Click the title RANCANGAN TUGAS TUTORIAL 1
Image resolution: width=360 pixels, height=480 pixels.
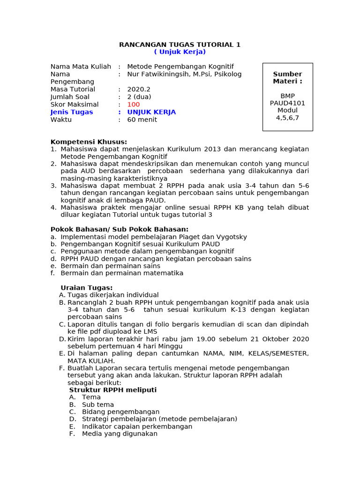(180, 45)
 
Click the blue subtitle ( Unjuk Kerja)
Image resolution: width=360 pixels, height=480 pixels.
(180, 52)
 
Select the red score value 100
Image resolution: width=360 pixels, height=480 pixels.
(134, 105)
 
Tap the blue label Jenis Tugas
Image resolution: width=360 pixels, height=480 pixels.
(72, 112)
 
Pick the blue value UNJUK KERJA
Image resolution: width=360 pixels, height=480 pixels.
(151, 112)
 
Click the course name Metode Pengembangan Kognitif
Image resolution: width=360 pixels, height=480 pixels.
(180, 67)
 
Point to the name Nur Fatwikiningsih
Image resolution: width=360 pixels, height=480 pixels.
(159, 74)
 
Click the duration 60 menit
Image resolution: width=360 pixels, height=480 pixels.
(142, 120)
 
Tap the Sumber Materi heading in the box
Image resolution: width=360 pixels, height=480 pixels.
(287, 77)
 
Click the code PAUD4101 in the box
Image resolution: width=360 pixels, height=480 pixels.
(287, 103)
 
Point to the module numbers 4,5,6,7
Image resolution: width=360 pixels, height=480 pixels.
(287, 118)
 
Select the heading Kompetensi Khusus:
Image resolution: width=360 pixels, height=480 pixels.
(89, 142)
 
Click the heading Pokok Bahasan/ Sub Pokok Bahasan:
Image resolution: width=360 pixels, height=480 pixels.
(119, 229)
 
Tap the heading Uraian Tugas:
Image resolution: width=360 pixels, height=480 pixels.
(87, 287)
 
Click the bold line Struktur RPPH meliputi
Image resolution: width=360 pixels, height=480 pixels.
(113, 390)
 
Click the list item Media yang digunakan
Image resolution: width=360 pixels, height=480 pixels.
(120, 434)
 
